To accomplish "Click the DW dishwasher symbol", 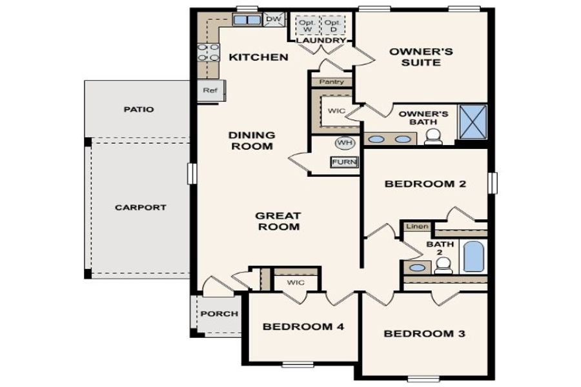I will [274, 19].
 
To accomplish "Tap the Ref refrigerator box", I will [210, 91].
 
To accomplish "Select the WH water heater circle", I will [343, 143].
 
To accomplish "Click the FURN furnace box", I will [344, 162].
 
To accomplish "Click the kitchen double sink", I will [245, 20].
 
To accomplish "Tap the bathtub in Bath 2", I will [473, 256].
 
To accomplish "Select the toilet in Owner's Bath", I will [433, 136].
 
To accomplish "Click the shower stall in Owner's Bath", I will [472, 121].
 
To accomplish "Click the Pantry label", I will [332, 83].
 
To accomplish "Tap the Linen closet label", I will [416, 227].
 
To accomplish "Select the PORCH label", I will [219, 314].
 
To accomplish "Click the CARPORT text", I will [140, 208].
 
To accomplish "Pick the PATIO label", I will [138, 109].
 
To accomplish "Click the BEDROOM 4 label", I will [303, 327].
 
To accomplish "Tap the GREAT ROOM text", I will [278, 221].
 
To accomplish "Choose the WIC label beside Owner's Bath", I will [336, 111].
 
